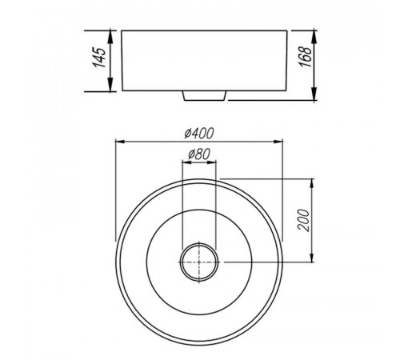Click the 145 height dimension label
coord(99,58)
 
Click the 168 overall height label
coord(305,57)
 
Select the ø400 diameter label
coord(199,133)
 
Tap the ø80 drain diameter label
coord(199,154)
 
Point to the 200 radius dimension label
coord(303,220)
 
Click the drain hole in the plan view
coord(199,262)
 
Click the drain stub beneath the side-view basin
coord(205,96)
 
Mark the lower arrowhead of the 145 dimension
coord(110,84)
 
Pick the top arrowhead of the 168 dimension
coord(314,37)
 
